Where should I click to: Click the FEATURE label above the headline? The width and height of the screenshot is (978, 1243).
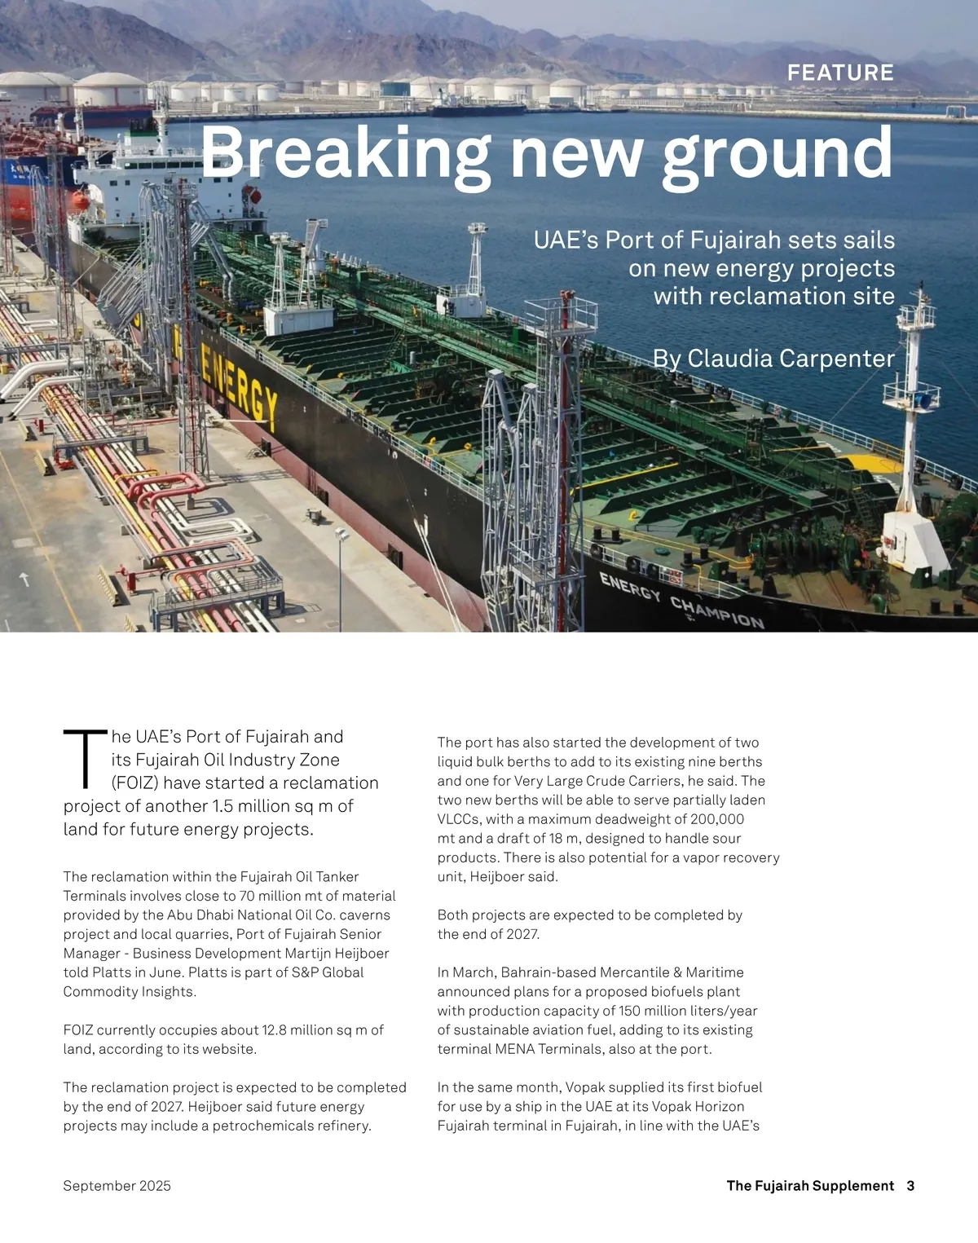click(x=840, y=73)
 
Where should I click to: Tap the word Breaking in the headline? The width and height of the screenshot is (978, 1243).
click(x=346, y=153)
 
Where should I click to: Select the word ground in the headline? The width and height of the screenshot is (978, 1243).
click(x=778, y=153)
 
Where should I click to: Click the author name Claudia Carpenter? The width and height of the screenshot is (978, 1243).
click(x=791, y=359)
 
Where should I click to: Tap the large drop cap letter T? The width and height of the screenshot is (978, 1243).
click(x=85, y=760)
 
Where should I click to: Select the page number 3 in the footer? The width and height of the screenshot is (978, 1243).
click(x=910, y=1186)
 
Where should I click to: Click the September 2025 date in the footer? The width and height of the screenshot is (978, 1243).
click(x=117, y=1186)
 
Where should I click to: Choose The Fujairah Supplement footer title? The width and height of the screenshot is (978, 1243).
click(x=810, y=1186)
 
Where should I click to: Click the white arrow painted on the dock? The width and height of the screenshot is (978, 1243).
click(x=24, y=579)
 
